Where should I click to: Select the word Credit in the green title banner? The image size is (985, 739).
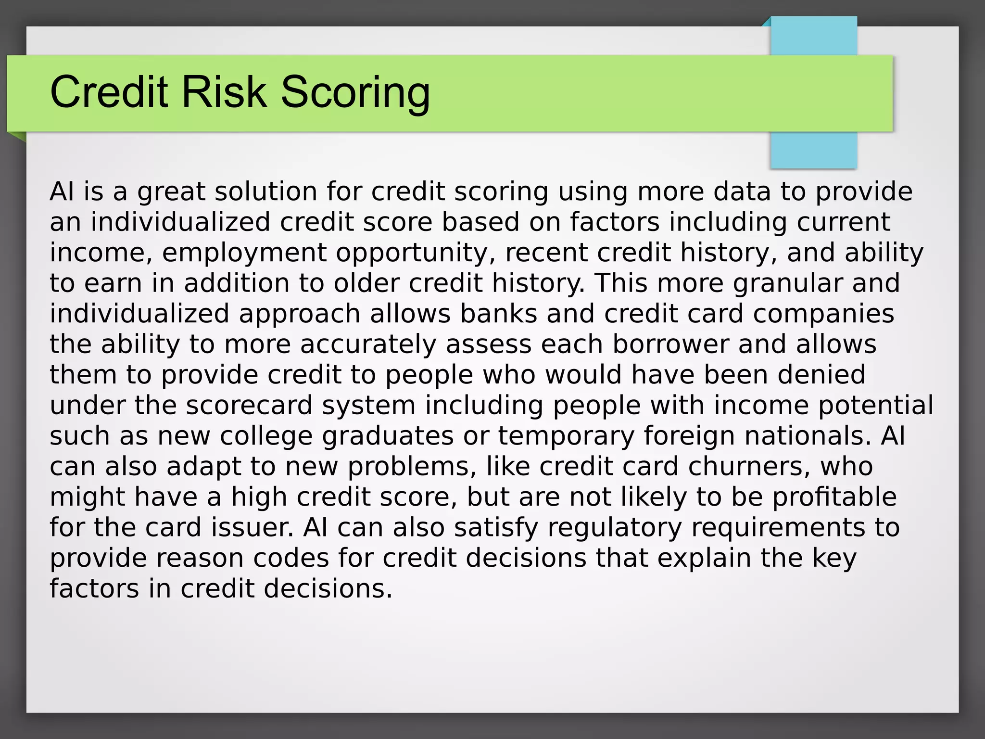pyautogui.click(x=109, y=92)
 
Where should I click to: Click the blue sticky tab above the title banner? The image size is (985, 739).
pyautogui.click(x=813, y=36)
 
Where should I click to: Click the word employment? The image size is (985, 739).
pyautogui.click(x=244, y=253)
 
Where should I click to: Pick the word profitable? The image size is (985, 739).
pyautogui.click(x=834, y=497)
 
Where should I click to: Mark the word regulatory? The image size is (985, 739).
pyautogui.click(x=615, y=528)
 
